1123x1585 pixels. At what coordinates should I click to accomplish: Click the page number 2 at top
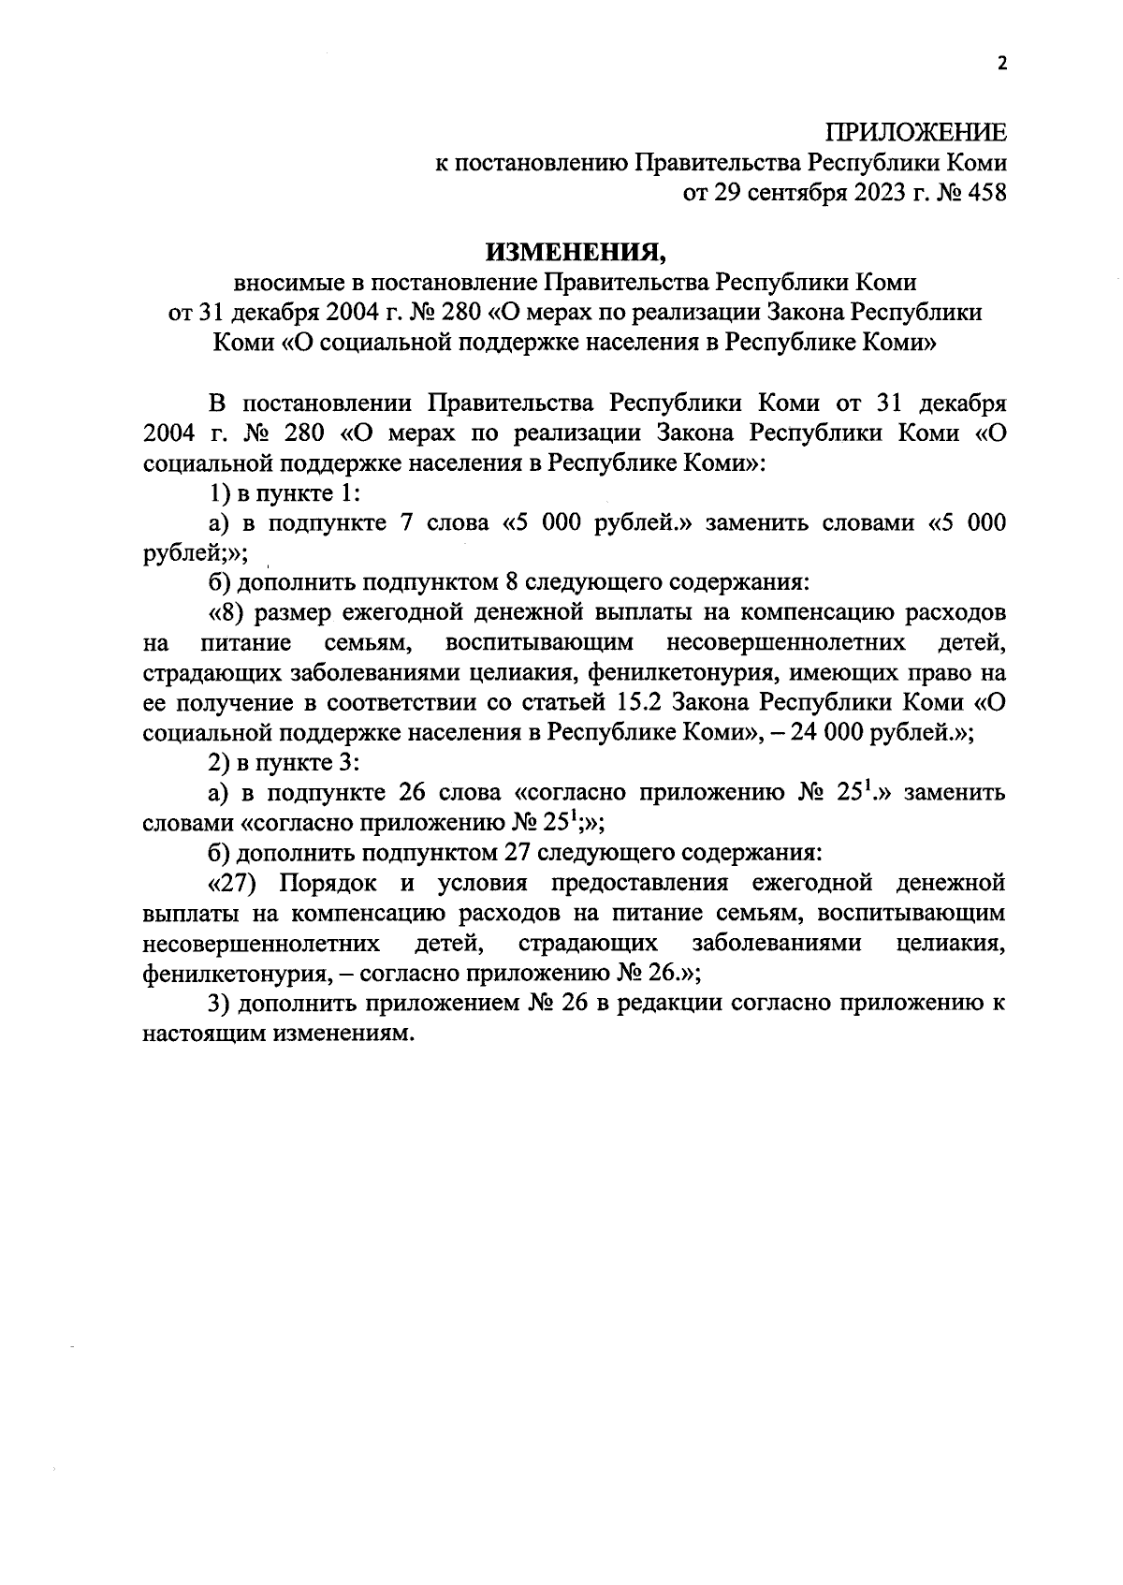coord(1002,64)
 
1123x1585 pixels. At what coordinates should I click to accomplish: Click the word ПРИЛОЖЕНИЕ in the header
coord(916,132)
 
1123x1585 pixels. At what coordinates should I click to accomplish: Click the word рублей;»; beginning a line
coord(195,553)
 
